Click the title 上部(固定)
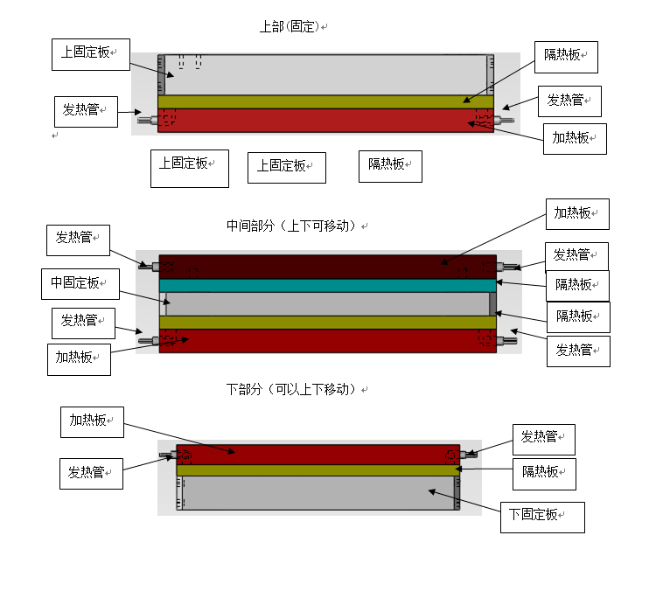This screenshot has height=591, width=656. tap(290, 27)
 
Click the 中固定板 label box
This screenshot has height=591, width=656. tap(80, 283)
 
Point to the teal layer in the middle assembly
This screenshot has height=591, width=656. tap(327, 285)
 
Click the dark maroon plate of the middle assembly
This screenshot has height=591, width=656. tap(327, 266)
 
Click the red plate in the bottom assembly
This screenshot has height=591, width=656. tap(318, 454)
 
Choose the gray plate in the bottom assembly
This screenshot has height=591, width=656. tap(318, 492)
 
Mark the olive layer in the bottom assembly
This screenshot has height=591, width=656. tap(318, 470)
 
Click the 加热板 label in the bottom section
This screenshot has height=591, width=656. tap(92, 421)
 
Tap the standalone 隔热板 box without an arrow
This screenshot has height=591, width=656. tap(389, 165)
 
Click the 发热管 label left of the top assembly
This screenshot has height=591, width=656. tap(85, 111)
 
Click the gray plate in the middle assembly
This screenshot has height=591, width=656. tap(327, 303)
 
